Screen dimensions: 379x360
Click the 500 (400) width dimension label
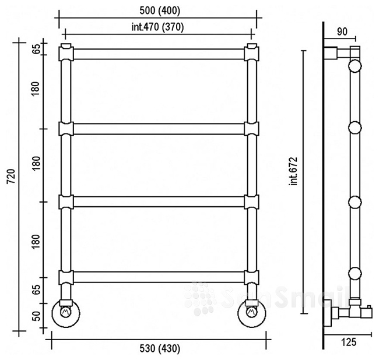(x=160, y=11)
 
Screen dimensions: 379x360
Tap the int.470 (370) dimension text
(x=157, y=27)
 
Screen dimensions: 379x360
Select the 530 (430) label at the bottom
(x=160, y=349)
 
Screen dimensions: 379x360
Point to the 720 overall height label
(x=11, y=176)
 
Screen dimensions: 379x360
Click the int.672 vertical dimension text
(x=294, y=171)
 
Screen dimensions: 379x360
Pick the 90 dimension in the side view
(x=342, y=31)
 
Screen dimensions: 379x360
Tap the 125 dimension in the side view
(x=349, y=342)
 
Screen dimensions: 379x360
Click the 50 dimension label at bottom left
(x=36, y=316)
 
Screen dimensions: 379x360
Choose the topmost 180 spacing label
(x=36, y=89)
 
